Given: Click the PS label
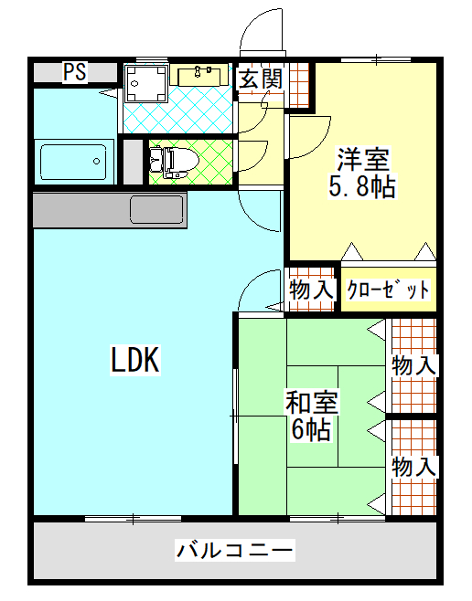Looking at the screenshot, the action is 75,71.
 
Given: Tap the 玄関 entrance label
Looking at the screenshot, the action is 261,79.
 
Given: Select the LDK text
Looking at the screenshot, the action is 135,360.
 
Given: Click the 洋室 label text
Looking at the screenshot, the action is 362,159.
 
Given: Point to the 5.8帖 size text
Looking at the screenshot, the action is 362,186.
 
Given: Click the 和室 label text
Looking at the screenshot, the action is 311,402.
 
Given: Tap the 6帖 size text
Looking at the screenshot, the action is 311,429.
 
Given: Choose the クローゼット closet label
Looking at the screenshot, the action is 388,290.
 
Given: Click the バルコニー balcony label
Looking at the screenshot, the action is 235,551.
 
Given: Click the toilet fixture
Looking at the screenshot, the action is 175,163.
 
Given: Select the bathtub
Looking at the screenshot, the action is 74,162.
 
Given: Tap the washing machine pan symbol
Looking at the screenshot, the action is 146,83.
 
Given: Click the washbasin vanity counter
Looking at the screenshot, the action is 198,75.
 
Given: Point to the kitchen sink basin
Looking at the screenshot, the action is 156,210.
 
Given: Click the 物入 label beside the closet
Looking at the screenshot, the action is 311,290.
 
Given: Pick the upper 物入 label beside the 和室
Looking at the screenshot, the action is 413,365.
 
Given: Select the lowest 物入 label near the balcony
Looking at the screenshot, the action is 413,467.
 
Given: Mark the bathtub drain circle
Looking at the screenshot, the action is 96,162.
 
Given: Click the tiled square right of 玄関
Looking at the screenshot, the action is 299,85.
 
